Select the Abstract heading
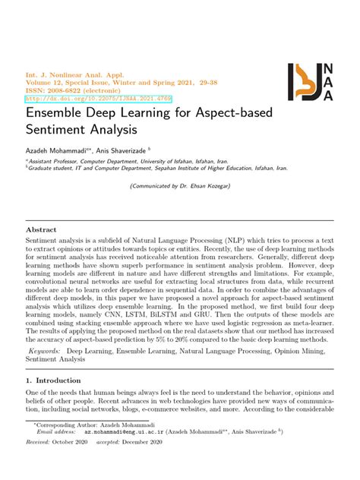[42, 229]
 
